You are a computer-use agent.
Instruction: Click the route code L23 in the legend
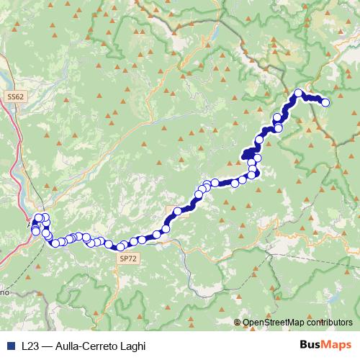(31, 346)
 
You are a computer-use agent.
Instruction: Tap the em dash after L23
(47, 346)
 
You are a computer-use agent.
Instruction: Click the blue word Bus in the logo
(310, 345)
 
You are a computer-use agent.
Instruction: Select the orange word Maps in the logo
(335, 345)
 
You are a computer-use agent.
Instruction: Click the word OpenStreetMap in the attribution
(277, 323)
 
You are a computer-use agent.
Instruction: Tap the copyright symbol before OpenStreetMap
(238, 323)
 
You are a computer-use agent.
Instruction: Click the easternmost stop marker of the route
(325, 102)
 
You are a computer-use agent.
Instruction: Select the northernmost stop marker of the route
(299, 92)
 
